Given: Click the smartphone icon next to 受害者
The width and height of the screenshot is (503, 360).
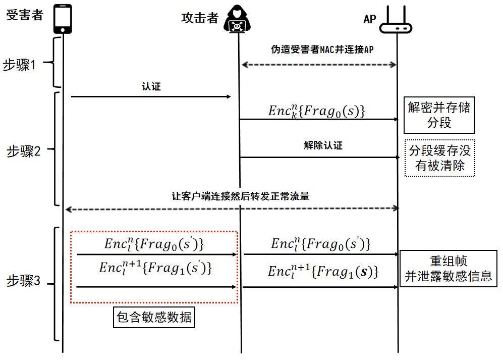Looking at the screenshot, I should click(x=63, y=19).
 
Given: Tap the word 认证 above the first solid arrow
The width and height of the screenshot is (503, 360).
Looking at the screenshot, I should click(x=151, y=87).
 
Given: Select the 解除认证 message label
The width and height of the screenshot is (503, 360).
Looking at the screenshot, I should click(x=323, y=145).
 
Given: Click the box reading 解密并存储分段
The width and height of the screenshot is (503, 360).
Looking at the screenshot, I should click(x=439, y=115).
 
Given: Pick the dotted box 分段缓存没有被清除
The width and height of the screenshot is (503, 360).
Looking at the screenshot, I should click(x=440, y=158).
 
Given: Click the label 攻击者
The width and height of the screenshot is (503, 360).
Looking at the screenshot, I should click(x=200, y=18).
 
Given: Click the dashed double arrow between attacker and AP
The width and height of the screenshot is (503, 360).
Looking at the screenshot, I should click(x=319, y=65).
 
